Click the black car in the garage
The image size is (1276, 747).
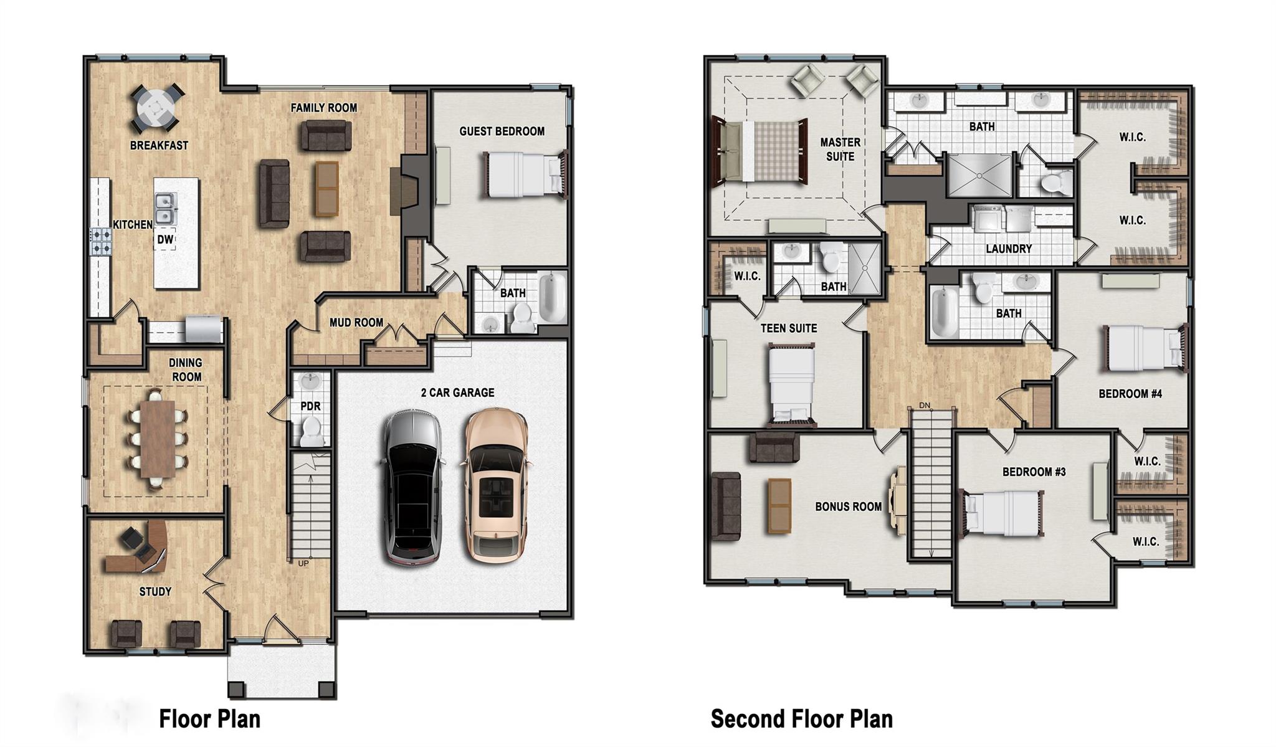(412, 487)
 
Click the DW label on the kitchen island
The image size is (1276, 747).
(165, 240)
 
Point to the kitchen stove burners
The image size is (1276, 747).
(101, 242)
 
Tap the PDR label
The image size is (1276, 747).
(310, 406)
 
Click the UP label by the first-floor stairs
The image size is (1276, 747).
(303, 563)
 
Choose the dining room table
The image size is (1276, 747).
(156, 439)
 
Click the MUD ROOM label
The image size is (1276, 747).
(356, 323)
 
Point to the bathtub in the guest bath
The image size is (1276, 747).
(552, 297)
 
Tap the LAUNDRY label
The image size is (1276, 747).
(1009, 249)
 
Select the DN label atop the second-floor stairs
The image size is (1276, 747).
(925, 406)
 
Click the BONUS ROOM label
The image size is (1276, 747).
(848, 507)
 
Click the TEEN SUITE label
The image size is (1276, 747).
(788, 328)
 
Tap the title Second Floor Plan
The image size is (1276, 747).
(801, 718)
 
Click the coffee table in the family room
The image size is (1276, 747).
(326, 188)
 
